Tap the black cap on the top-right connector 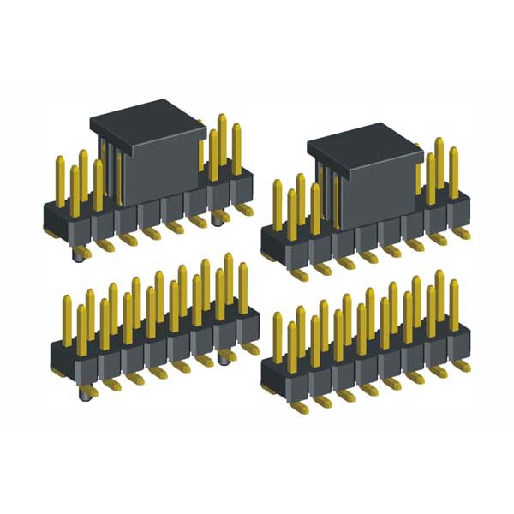(364, 176)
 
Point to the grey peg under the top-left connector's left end (80, 254)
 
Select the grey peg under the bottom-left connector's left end (86, 393)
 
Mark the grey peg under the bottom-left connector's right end (224, 359)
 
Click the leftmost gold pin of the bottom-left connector (67, 321)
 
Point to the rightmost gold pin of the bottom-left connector (243, 287)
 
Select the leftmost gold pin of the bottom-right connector (278, 338)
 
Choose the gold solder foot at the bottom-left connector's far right (251, 349)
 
